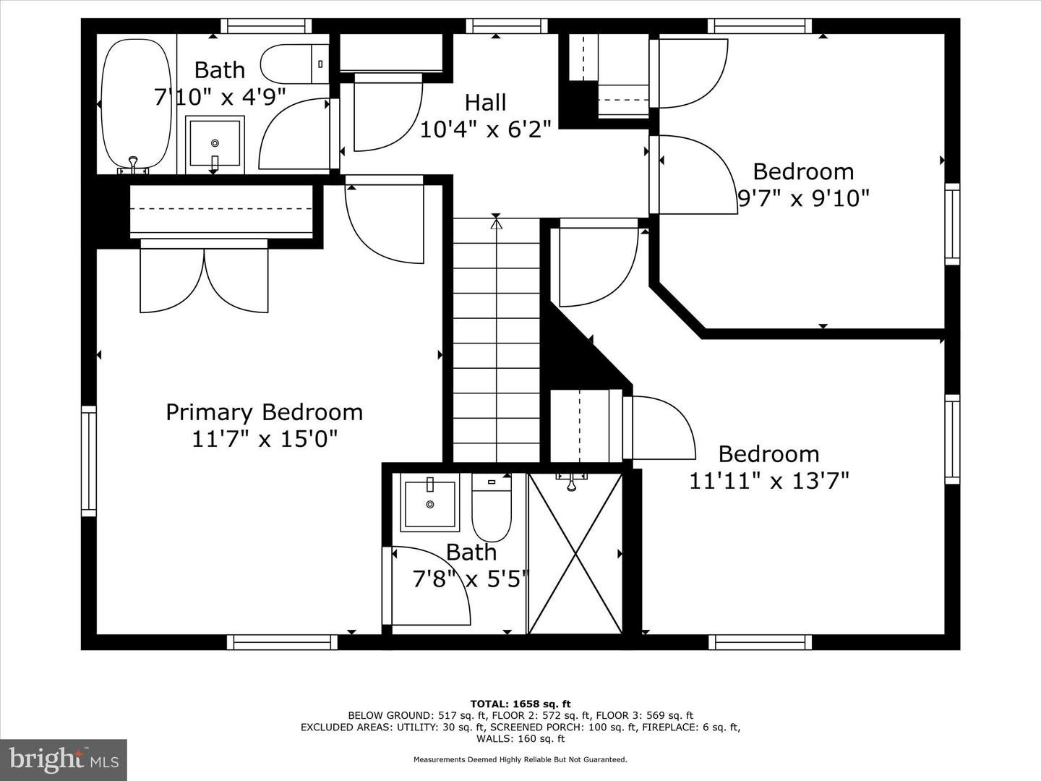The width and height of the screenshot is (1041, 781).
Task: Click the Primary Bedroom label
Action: pos(264,412)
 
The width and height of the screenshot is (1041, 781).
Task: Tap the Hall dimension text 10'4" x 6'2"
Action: pos(485,129)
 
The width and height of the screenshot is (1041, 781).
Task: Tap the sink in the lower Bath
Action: pos(430,502)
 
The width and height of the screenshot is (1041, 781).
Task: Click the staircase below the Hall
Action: pos(497,340)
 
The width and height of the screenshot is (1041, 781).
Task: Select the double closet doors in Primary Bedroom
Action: pos(204,281)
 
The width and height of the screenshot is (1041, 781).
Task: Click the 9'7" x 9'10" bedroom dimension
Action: pos(802,197)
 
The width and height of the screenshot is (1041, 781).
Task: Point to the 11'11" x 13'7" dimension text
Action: pos(768,480)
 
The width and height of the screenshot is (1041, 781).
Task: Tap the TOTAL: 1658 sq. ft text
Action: pos(520,704)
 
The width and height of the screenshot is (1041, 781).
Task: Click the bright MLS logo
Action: pos(64,759)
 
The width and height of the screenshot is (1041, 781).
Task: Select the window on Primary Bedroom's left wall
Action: pos(89,460)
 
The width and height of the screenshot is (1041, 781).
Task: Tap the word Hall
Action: pos(485,103)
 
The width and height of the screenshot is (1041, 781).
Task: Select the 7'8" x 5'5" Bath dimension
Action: pos(471,579)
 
